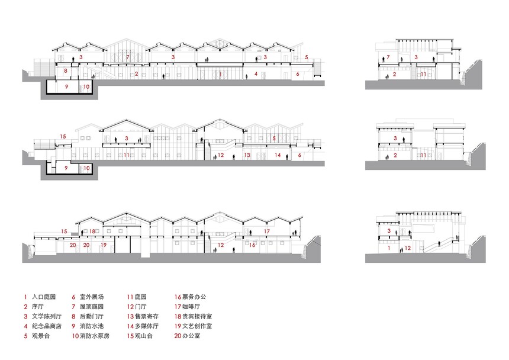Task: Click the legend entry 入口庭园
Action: (44, 297)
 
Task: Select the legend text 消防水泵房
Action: (95, 336)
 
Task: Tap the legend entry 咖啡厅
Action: (191, 307)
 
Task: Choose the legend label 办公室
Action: (191, 336)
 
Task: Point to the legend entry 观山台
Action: (143, 336)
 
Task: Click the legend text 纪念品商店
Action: (47, 326)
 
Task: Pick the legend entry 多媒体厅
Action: (147, 326)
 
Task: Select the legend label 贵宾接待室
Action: (197, 317)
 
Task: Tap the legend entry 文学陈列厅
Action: (47, 317)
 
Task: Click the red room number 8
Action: (66, 71)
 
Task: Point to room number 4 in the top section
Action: (256, 74)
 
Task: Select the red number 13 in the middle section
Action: (247, 155)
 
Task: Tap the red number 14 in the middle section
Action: (278, 155)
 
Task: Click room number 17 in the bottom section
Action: (267, 232)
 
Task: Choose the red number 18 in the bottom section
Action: (92, 232)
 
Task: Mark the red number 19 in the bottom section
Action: (104, 245)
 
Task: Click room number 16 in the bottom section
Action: (252, 245)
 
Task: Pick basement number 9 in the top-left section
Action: (66, 86)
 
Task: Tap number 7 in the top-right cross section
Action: (388, 57)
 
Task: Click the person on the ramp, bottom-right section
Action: (440, 243)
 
